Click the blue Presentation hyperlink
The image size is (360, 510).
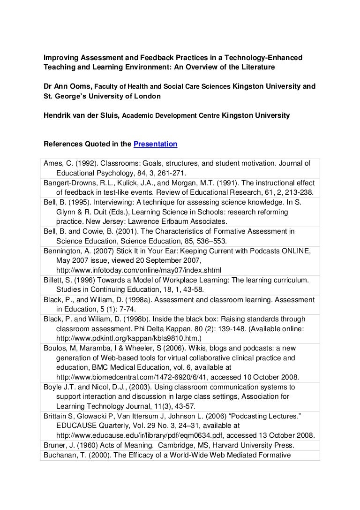(155, 144)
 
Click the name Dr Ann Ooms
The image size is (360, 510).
(67, 86)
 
